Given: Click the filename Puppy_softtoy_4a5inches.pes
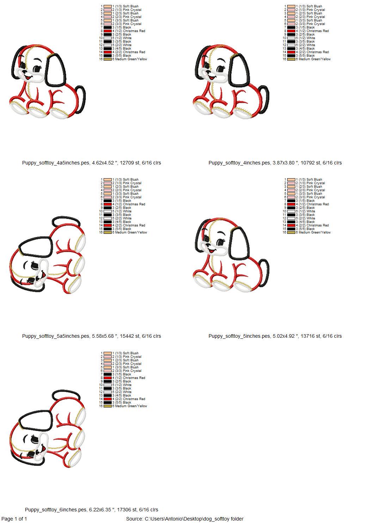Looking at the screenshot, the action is [x=56, y=163].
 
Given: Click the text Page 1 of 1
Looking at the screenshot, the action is [x=14, y=519].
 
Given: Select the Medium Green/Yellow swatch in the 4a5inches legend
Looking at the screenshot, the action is [x=107, y=59].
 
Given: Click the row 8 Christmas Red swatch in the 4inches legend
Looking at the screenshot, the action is [x=291, y=31].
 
